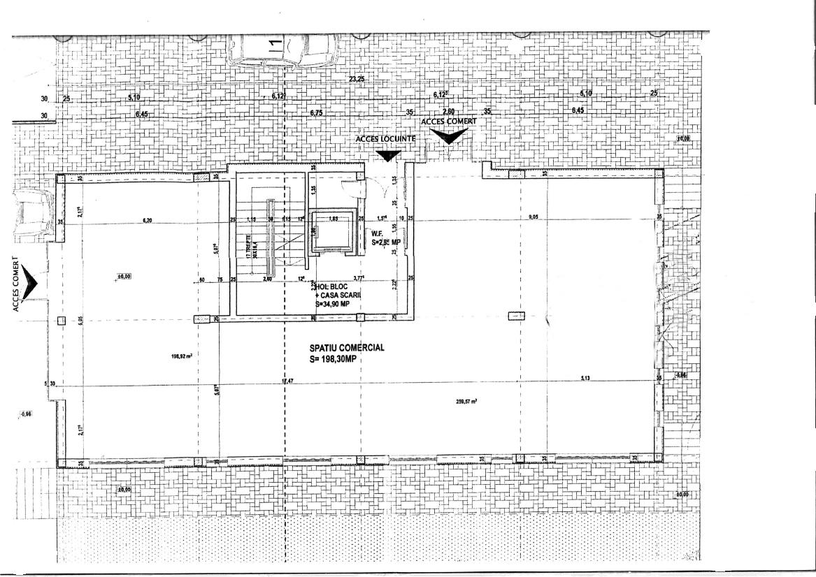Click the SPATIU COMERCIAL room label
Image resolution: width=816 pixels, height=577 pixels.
click(x=347, y=346)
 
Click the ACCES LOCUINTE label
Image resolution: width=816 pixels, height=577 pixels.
click(x=385, y=139)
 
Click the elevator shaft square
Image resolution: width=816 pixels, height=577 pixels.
click(x=331, y=230)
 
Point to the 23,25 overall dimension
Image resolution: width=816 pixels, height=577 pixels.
click(x=357, y=79)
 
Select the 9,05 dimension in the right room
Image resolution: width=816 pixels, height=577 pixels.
click(x=535, y=217)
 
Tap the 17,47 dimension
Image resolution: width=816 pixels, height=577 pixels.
click(x=287, y=381)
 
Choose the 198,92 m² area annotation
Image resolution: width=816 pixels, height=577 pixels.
click(x=181, y=356)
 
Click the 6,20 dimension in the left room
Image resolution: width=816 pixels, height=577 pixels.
click(x=148, y=221)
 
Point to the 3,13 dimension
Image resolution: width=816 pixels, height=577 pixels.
click(x=586, y=379)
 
